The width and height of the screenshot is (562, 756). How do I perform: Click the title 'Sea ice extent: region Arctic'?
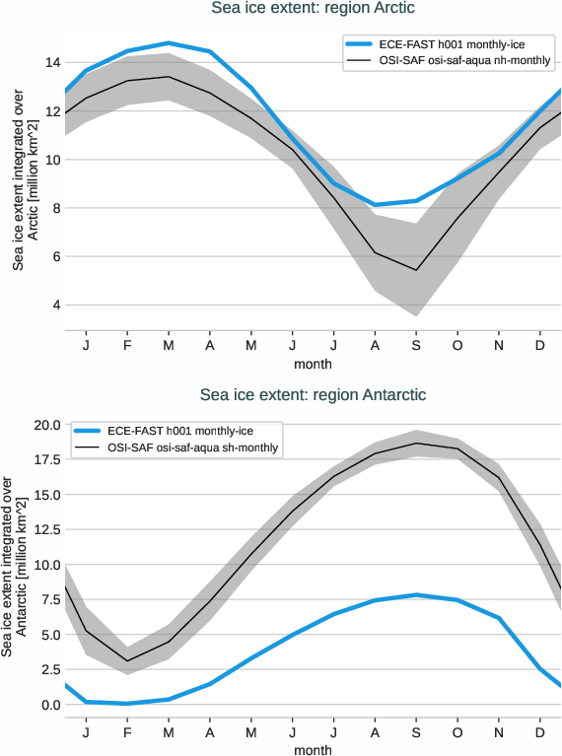click(312, 9)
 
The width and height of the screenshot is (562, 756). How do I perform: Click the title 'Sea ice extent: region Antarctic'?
click(312, 394)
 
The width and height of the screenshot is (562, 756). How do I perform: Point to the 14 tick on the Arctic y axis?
click(53, 62)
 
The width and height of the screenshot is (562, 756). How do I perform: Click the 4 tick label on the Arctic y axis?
click(56, 305)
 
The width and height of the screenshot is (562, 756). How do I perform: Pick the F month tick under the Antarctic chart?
click(127, 733)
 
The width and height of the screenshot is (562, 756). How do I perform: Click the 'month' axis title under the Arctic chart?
click(312, 364)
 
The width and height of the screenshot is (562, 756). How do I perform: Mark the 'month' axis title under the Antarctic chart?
click(312, 750)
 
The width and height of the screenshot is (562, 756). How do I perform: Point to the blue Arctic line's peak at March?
click(170, 43)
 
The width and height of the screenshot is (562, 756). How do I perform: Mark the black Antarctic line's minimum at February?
click(127, 661)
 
